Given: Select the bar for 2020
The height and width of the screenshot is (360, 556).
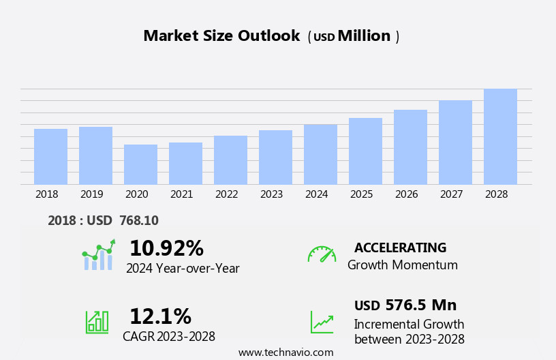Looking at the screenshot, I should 140,164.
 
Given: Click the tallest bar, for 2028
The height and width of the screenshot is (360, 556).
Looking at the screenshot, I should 500,136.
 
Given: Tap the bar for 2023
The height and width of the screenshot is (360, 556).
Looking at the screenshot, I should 275,157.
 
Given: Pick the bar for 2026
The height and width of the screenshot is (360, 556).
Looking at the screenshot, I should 410,147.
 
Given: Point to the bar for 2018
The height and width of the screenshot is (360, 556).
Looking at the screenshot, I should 50,156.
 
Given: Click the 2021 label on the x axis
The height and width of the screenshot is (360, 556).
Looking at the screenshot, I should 181,194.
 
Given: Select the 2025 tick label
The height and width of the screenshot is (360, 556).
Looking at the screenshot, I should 361,194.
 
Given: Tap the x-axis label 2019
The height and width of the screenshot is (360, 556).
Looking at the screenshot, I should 91,194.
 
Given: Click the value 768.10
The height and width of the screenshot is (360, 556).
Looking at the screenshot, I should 138,221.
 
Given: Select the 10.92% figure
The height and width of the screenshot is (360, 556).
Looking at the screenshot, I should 166,248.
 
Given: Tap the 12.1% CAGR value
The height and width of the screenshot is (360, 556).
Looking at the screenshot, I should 160,316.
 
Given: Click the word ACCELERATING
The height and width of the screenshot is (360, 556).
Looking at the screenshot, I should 400,248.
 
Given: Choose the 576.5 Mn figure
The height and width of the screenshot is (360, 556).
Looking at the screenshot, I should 420,305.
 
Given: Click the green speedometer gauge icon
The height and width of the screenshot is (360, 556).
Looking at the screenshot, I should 322,254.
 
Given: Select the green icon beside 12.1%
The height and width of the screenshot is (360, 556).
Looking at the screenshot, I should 97,321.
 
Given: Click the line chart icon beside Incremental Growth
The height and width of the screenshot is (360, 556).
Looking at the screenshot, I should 322,322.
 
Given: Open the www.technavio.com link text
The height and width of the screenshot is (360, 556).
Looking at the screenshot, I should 285,352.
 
